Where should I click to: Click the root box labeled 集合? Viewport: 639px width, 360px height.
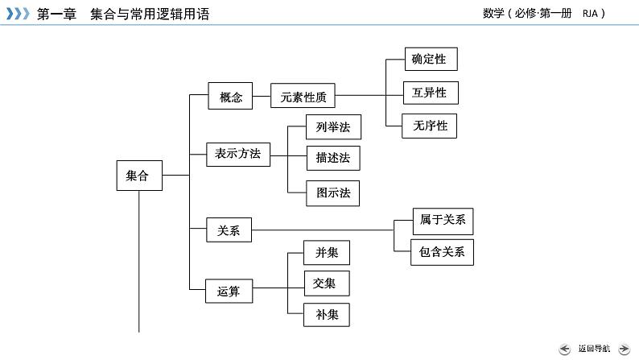tap(139, 176)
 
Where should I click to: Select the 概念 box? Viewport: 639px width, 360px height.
tap(230, 97)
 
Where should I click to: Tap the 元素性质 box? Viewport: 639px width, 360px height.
tap(303, 97)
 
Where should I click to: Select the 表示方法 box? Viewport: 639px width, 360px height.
tap(238, 154)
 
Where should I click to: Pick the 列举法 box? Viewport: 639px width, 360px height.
tap(333, 126)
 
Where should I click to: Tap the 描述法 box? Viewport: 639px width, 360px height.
tap(333, 158)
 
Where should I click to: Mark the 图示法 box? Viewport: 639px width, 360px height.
tap(333, 192)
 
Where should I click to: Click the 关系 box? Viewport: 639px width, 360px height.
tap(229, 230)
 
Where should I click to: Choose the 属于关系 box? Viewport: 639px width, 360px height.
tap(442, 219)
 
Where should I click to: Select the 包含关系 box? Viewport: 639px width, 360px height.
tap(442, 251)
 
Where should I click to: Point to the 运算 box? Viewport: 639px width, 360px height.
tap(229, 291)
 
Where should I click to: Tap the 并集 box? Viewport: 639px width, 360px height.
tap(327, 253)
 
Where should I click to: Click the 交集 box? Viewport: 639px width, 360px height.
tap(327, 283)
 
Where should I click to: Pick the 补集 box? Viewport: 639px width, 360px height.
tap(327, 314)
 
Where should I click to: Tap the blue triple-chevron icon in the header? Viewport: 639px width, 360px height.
tap(19, 14)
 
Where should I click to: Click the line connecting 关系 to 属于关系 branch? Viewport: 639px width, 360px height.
tap(322, 231)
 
